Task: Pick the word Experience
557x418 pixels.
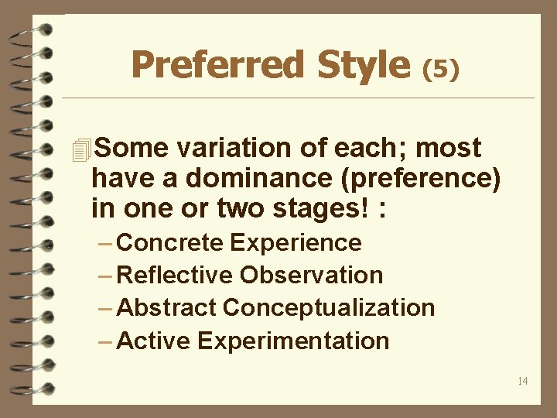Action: (296, 243)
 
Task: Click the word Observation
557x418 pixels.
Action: (312, 276)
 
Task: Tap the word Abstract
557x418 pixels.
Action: (167, 308)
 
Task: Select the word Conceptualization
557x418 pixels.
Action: (329, 308)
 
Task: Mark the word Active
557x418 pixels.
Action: (155, 341)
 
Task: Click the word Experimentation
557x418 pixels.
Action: (294, 341)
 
